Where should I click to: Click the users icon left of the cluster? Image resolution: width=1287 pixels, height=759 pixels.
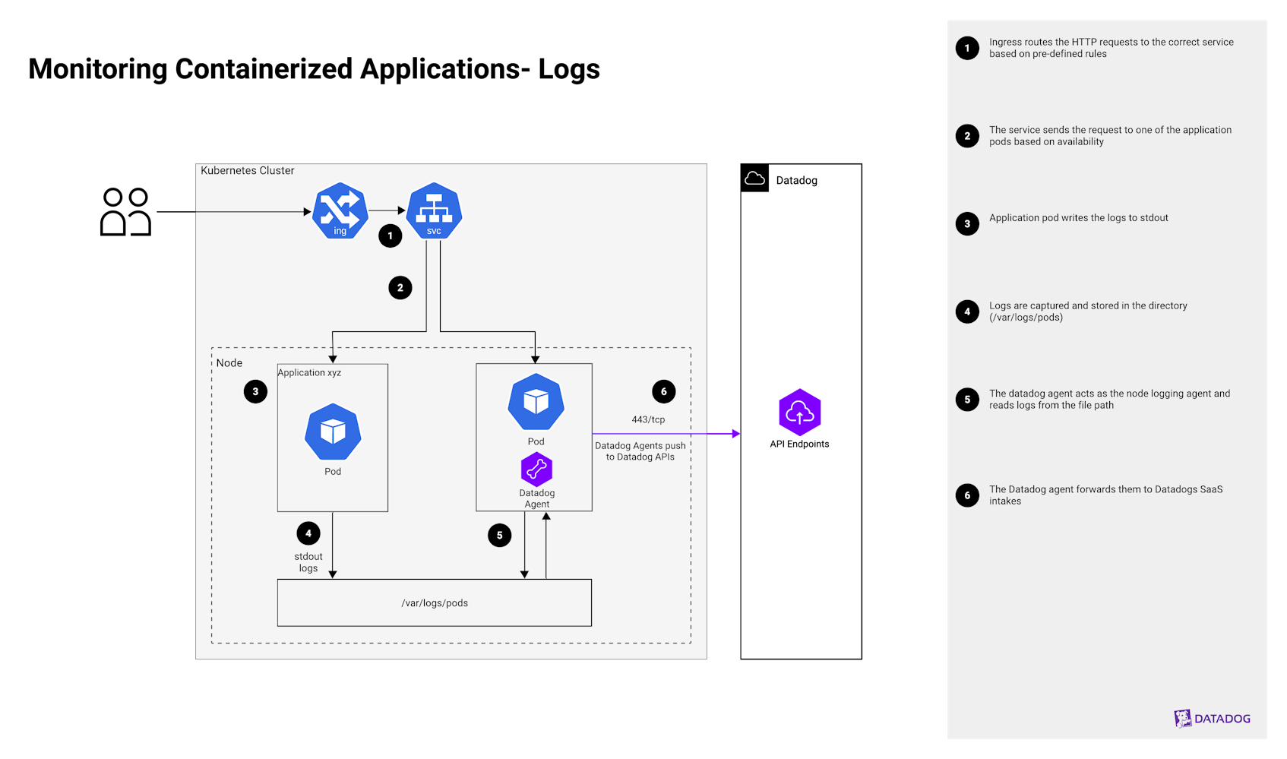click(x=125, y=212)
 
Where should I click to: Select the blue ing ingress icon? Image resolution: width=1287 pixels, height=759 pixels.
click(x=340, y=210)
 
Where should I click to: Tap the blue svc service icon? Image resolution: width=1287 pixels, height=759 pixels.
click(x=434, y=210)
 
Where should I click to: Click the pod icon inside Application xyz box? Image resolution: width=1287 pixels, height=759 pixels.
click(x=333, y=432)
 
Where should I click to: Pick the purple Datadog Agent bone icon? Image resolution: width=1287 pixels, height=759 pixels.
click(x=536, y=470)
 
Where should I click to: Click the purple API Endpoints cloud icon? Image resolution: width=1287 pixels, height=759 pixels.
click(x=799, y=413)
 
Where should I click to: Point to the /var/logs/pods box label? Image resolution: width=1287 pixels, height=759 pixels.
click(x=435, y=603)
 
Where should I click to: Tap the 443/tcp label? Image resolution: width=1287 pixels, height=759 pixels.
click(x=648, y=419)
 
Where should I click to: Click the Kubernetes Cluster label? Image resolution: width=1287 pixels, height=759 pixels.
click(x=248, y=171)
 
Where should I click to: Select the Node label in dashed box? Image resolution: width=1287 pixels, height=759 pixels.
click(x=229, y=363)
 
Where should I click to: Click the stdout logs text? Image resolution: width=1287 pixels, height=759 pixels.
click(x=308, y=562)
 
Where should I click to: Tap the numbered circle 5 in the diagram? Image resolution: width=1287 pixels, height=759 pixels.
click(x=499, y=535)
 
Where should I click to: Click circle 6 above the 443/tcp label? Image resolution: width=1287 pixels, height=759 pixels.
click(x=663, y=391)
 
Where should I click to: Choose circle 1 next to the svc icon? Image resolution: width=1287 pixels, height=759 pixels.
click(x=390, y=236)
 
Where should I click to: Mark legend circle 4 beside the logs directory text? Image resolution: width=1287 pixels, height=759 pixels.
click(x=967, y=312)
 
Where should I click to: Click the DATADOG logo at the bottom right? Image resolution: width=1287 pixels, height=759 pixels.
click(x=1212, y=718)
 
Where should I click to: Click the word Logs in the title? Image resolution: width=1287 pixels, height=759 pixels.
click(x=569, y=69)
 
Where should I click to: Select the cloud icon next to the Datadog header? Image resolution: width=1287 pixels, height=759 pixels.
click(x=754, y=179)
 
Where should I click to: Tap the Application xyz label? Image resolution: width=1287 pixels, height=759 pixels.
click(x=309, y=373)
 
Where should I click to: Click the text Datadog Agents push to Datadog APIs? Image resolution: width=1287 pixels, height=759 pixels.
click(x=640, y=451)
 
